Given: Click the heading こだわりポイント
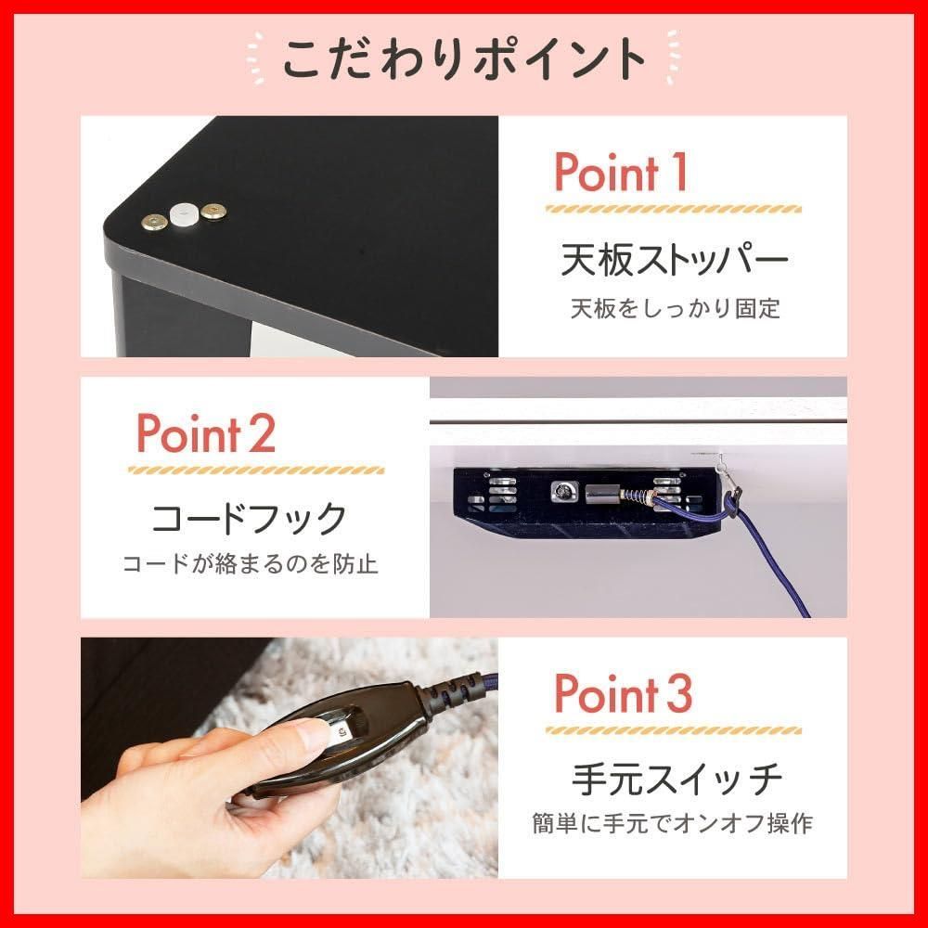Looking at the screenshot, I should (x=463, y=58).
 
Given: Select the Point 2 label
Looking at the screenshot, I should (x=206, y=433).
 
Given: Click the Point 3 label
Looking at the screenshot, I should (x=623, y=693).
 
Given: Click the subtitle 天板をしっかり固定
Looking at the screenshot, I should (x=675, y=308).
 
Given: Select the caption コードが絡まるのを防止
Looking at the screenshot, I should (x=251, y=564).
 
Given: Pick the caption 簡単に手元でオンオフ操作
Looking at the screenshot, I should (x=674, y=823).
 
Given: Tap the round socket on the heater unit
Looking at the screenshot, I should (x=562, y=493).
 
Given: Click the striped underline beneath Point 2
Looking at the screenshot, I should (x=255, y=470).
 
